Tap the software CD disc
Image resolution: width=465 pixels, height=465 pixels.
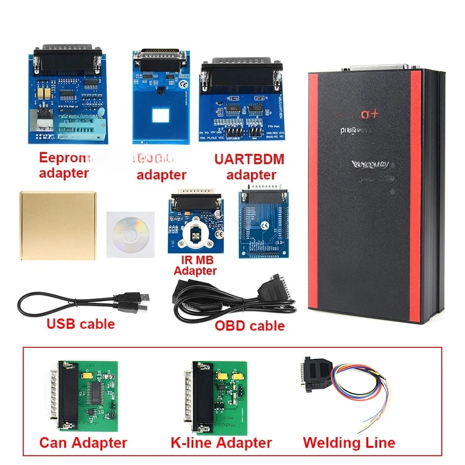tap(131, 233)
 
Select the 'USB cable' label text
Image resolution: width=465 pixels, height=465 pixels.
tap(80, 324)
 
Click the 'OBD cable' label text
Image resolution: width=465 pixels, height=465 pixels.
tap(249, 325)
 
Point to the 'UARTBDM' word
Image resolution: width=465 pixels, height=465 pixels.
tap(249, 159)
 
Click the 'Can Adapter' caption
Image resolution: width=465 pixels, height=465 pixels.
tap(83, 442)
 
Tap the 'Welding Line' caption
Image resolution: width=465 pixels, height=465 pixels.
tap(349, 442)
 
